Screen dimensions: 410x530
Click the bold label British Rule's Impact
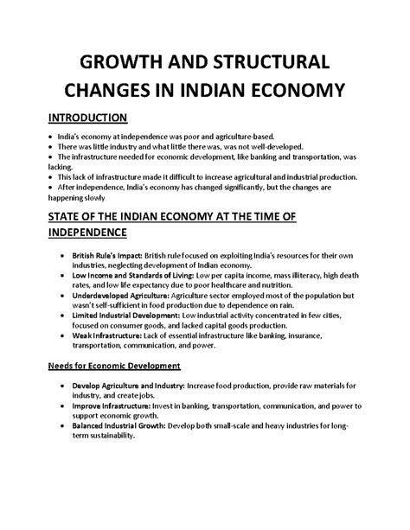pyautogui.click(x=106, y=257)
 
